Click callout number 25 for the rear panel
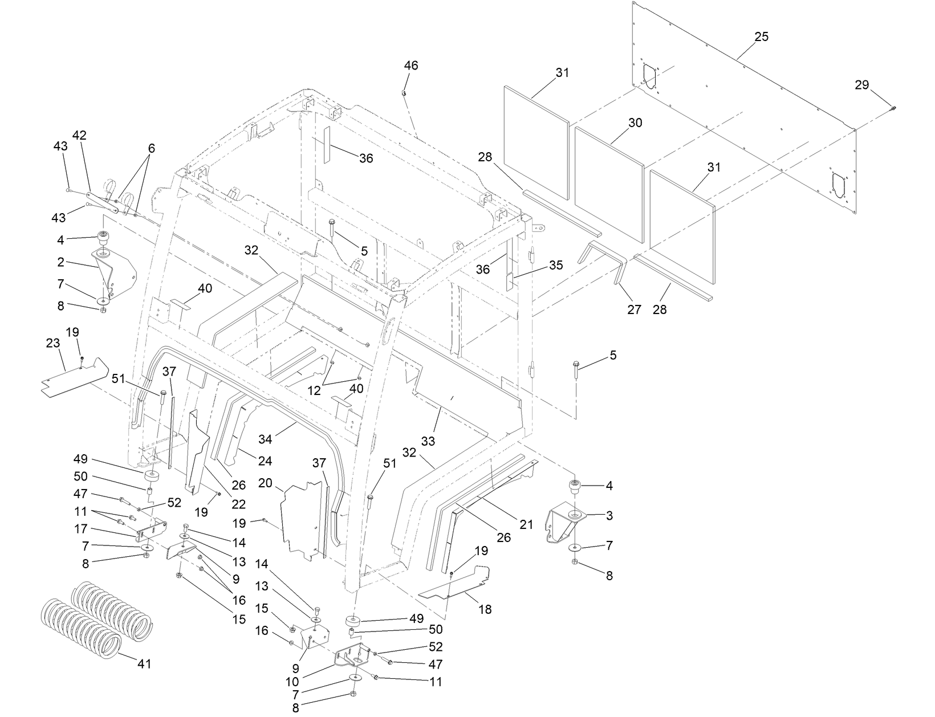click(x=761, y=37)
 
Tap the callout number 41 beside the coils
click(x=144, y=664)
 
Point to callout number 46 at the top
click(x=410, y=66)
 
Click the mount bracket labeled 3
click(x=564, y=522)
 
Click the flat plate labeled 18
click(x=456, y=587)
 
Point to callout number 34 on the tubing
click(x=266, y=439)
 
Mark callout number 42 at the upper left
click(x=79, y=135)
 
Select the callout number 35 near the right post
click(x=556, y=265)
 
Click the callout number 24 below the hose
click(x=265, y=461)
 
